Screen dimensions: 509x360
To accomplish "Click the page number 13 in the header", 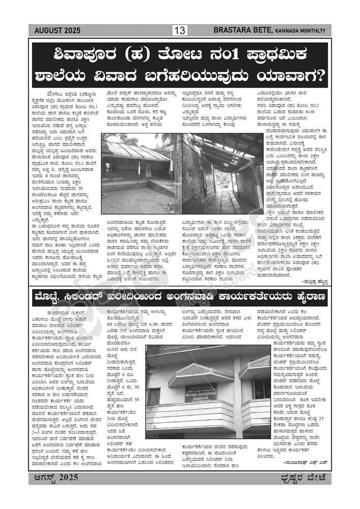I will click(180, 31).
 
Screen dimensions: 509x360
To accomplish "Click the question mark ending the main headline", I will click(319, 76).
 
